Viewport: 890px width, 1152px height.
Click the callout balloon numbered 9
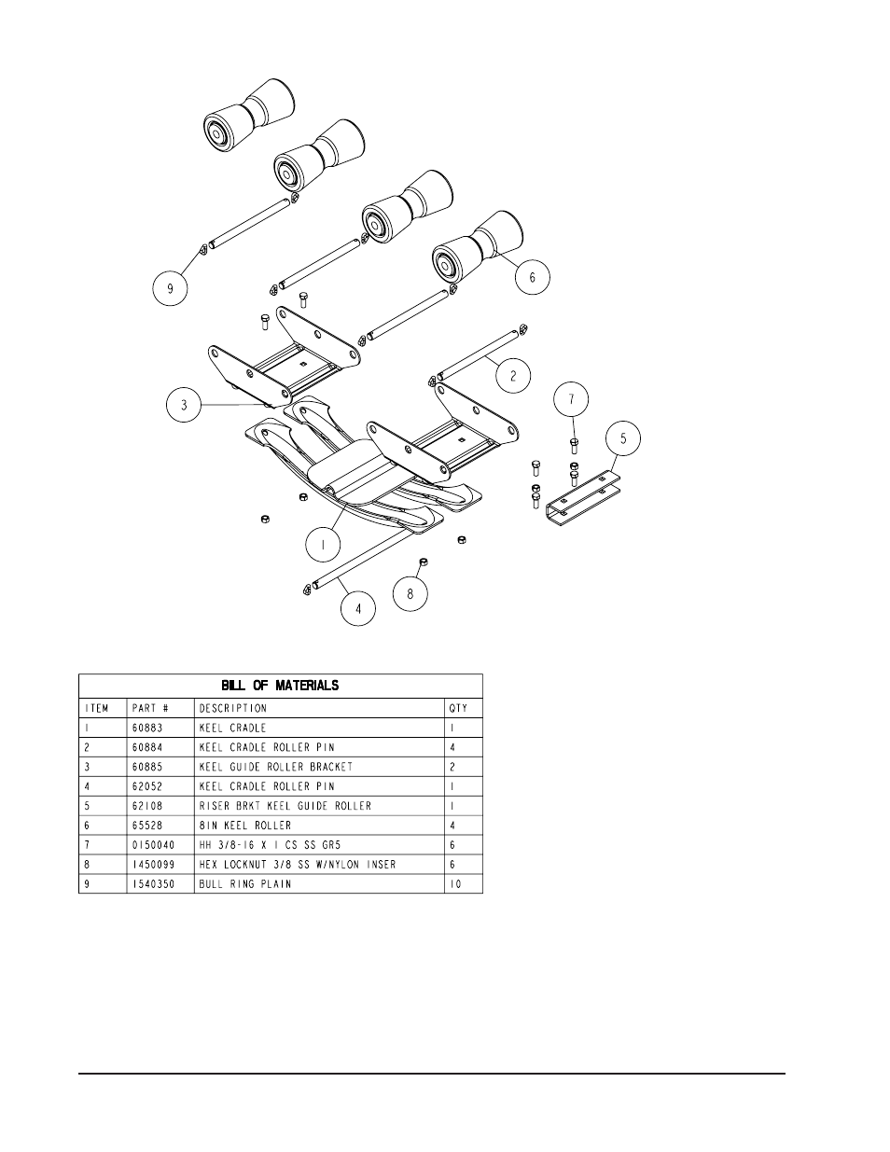click(170, 289)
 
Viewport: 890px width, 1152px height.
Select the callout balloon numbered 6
click(533, 277)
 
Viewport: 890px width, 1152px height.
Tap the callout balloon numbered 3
click(184, 405)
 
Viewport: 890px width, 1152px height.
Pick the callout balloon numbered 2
click(513, 376)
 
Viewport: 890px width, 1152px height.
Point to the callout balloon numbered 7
click(572, 400)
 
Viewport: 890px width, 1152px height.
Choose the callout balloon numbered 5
click(623, 437)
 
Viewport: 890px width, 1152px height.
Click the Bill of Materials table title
click(280, 686)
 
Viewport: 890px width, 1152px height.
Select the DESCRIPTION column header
click(232, 708)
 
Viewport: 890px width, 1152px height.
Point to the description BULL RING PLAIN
click(245, 883)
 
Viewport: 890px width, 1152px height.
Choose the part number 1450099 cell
click(154, 864)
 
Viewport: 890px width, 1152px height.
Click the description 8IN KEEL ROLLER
click(245, 825)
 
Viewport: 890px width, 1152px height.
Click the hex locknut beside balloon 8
click(424, 562)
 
